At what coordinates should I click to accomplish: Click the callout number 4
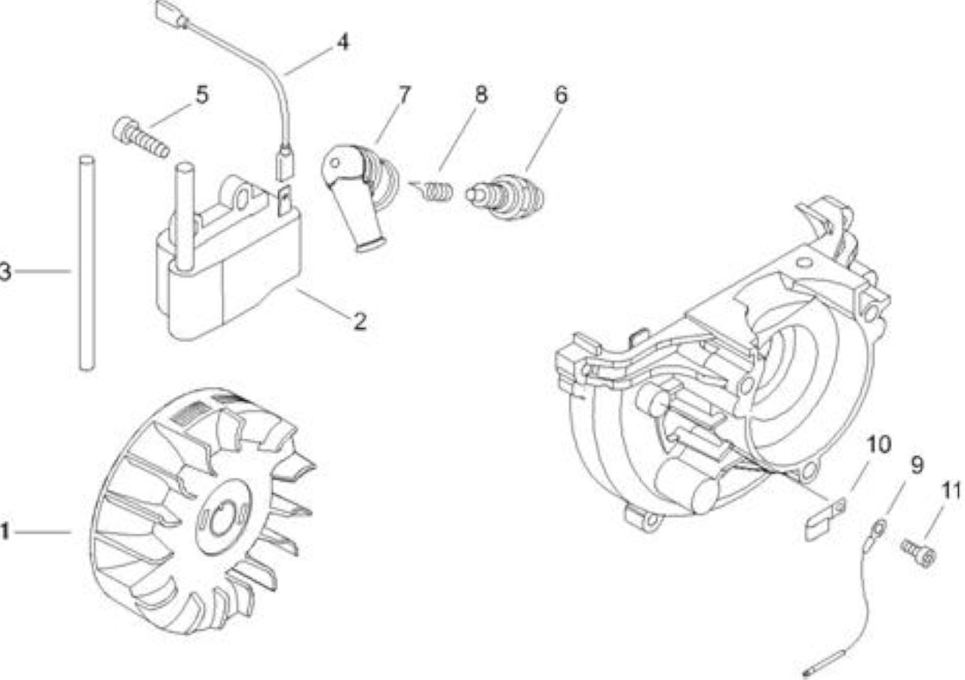(343, 43)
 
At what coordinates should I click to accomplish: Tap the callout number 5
(201, 94)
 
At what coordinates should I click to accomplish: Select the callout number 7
(405, 95)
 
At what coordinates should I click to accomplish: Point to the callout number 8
(481, 95)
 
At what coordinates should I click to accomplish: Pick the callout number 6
(560, 95)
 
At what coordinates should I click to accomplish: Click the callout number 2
(360, 321)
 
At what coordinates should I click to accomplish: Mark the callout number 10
(878, 445)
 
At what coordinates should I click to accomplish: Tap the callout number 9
(917, 465)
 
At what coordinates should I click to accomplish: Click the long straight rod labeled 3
(87, 263)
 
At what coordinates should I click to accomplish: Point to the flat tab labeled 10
(825, 519)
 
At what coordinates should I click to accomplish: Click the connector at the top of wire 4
(171, 14)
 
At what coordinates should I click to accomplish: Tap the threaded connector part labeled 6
(504, 197)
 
